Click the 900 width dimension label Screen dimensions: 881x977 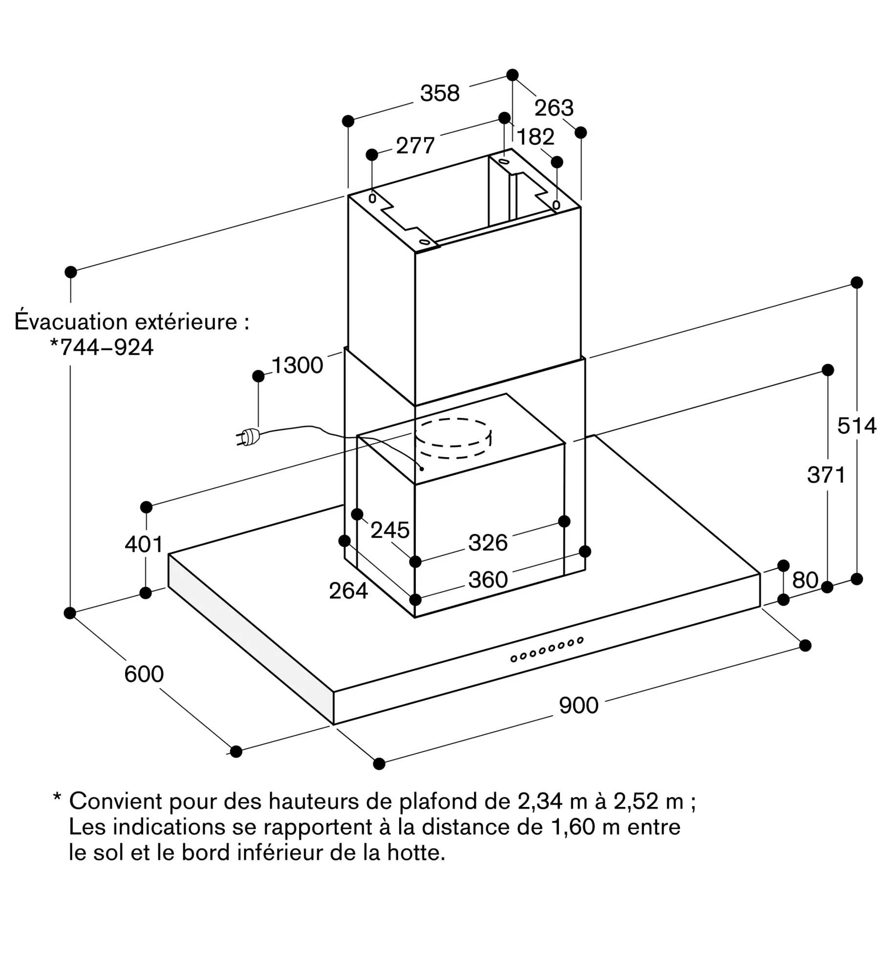[579, 706]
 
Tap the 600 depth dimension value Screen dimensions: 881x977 [144, 674]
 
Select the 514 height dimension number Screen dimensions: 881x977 [857, 426]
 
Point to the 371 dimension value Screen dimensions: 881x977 [826, 475]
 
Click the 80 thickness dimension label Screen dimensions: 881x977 [805, 580]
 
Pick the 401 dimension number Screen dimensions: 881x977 [144, 544]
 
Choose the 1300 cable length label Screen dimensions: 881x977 [297, 365]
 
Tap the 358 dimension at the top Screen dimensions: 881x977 [440, 93]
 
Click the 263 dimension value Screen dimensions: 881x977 [554, 108]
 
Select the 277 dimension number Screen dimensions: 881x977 [415, 146]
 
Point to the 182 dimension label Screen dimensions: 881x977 [536, 137]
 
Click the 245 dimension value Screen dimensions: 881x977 [389, 530]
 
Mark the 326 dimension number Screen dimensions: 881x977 [488, 543]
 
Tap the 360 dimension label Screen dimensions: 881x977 [488, 580]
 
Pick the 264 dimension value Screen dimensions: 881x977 [348, 591]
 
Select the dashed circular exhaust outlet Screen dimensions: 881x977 [453, 439]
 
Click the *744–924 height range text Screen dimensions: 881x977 [102, 347]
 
